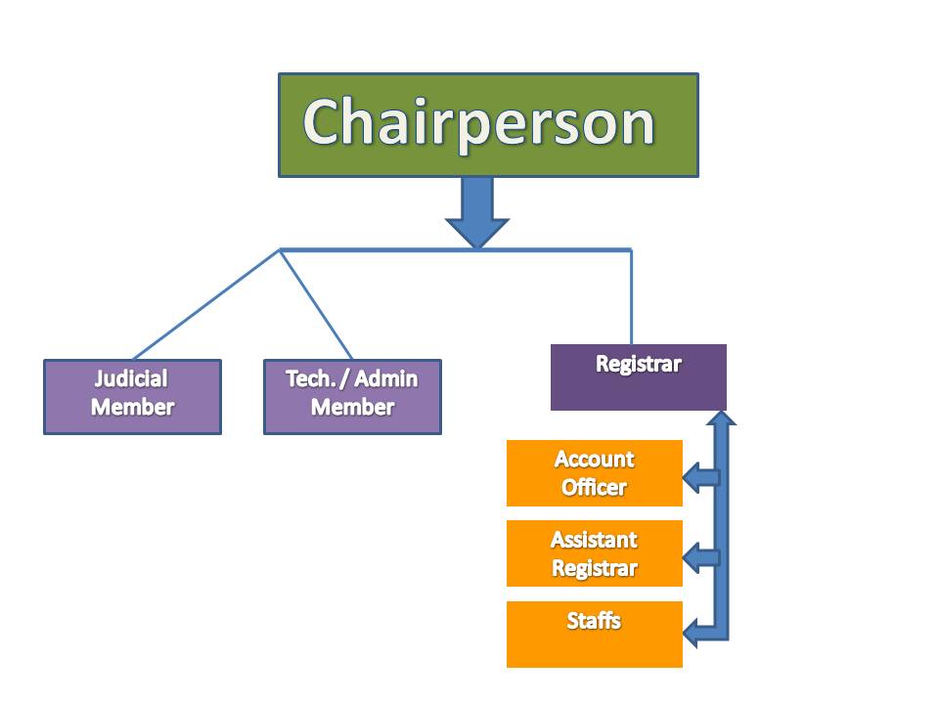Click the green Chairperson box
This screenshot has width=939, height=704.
(x=488, y=125)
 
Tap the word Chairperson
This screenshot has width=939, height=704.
(x=479, y=123)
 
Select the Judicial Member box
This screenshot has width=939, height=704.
(x=132, y=397)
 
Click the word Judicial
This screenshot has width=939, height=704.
(x=131, y=379)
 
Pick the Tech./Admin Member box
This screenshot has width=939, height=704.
(x=353, y=397)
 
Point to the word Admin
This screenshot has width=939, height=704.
(x=386, y=379)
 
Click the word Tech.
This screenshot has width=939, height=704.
(x=310, y=379)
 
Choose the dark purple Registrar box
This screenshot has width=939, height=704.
(x=639, y=377)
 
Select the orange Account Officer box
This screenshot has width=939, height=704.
(x=595, y=473)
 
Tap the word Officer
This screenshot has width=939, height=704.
(x=594, y=487)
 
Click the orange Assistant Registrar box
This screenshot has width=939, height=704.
(x=595, y=553)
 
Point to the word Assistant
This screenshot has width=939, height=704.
(x=594, y=540)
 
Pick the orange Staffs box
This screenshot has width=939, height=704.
(x=595, y=634)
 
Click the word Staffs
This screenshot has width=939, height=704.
(x=594, y=621)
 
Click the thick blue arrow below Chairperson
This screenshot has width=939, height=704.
(x=477, y=212)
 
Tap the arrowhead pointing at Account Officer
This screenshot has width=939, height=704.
(x=692, y=478)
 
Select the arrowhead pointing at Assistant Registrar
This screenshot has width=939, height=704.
(x=692, y=558)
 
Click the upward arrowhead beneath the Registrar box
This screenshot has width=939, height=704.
(x=721, y=418)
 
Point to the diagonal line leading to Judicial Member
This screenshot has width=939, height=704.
(x=206, y=304)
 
